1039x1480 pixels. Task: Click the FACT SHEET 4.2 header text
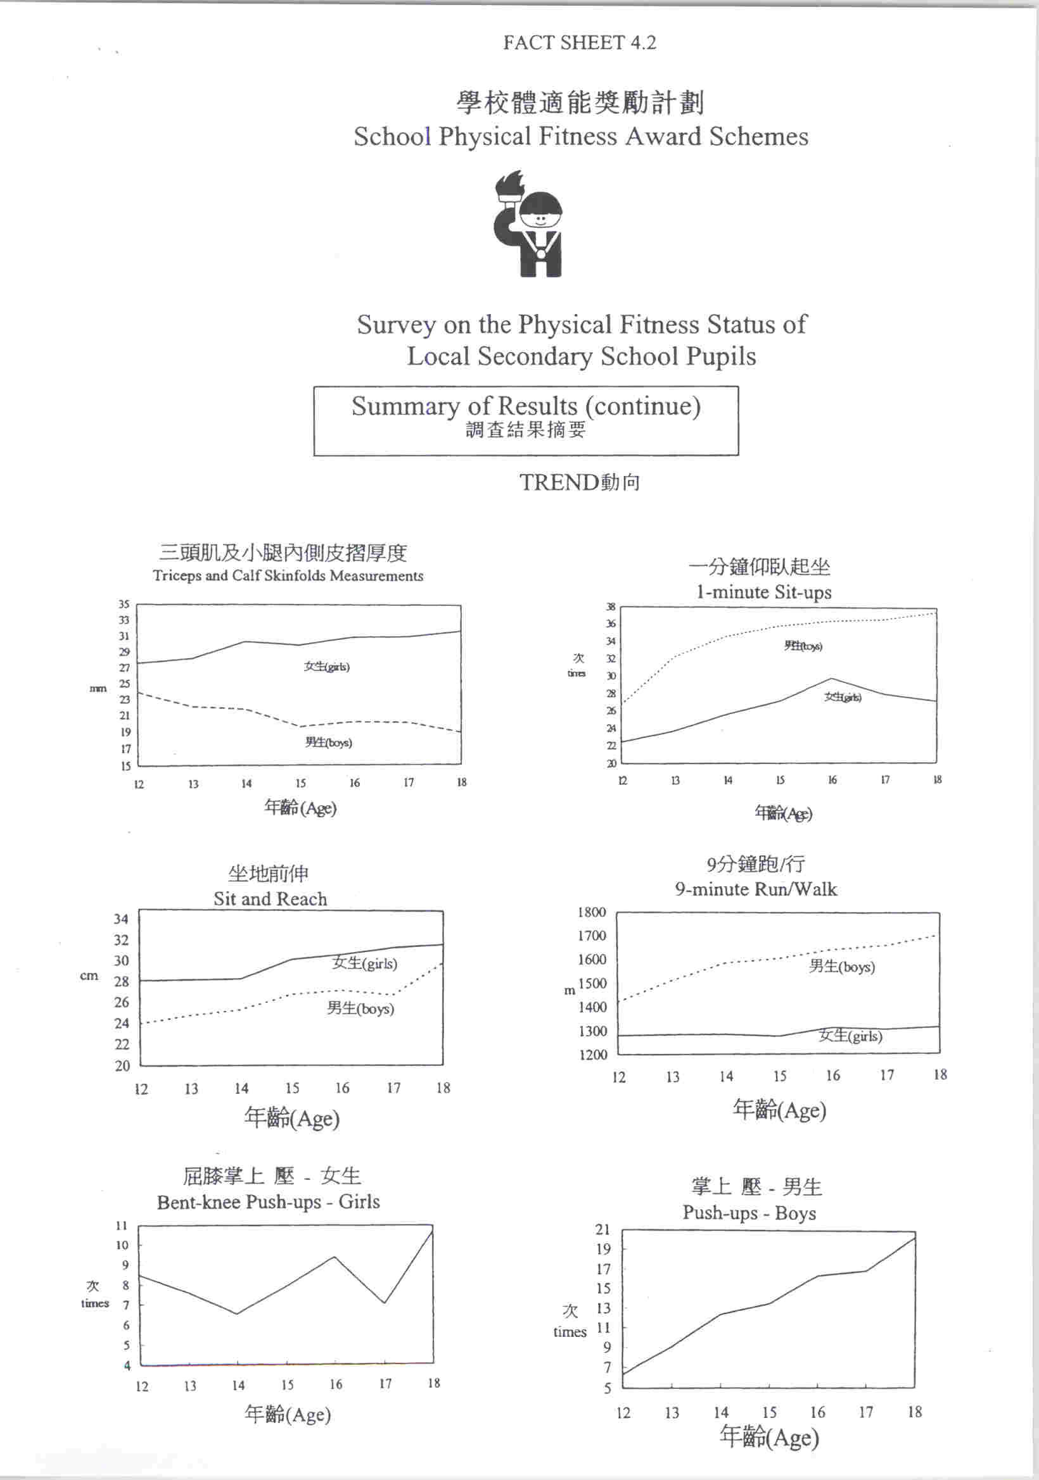(579, 42)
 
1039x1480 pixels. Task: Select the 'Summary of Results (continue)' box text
(526, 406)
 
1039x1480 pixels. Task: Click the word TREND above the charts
(559, 482)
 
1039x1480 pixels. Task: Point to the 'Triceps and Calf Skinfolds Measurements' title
(288, 575)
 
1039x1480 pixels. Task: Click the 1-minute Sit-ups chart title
(763, 592)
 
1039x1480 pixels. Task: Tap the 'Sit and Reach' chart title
(271, 899)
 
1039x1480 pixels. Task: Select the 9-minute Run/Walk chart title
(756, 889)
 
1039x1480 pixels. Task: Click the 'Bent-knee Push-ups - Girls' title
(268, 1202)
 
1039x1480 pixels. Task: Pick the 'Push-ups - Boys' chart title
(749, 1213)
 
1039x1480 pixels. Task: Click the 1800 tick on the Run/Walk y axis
(592, 912)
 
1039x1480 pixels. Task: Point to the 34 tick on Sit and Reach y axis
(121, 919)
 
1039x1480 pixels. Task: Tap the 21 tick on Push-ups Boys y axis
(603, 1229)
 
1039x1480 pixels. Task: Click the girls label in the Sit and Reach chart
(364, 963)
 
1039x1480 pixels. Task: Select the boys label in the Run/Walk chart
(841, 966)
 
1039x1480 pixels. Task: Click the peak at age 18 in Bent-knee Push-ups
(431, 1232)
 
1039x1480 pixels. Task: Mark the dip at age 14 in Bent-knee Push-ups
(238, 1314)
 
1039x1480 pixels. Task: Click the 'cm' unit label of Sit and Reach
(89, 976)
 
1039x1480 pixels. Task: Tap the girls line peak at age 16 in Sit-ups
(831, 678)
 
